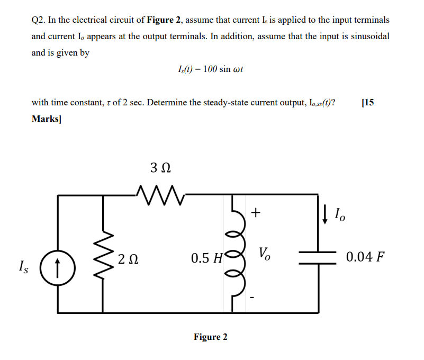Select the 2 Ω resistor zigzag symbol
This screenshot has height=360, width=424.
[103, 254]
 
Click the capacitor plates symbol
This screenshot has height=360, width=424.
[318, 256]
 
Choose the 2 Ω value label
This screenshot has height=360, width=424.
[128, 259]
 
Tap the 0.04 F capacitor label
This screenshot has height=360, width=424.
[365, 258]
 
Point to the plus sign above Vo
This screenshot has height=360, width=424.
[256, 213]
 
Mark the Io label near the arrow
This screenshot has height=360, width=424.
[339, 215]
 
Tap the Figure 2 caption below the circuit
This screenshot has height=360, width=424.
[211, 337]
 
